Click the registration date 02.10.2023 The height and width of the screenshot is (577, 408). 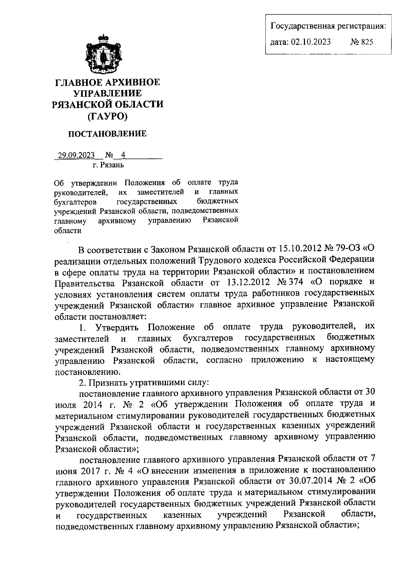pyautogui.click(x=311, y=42)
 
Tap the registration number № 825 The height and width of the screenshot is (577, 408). pyautogui.click(x=361, y=42)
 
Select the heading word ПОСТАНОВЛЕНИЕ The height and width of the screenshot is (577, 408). pyautogui.click(x=108, y=134)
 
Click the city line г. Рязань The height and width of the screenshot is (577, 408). pyautogui.click(x=108, y=165)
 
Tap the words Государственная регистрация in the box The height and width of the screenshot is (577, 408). pyautogui.click(x=327, y=26)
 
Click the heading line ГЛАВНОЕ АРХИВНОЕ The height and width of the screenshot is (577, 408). pyautogui.click(x=107, y=83)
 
